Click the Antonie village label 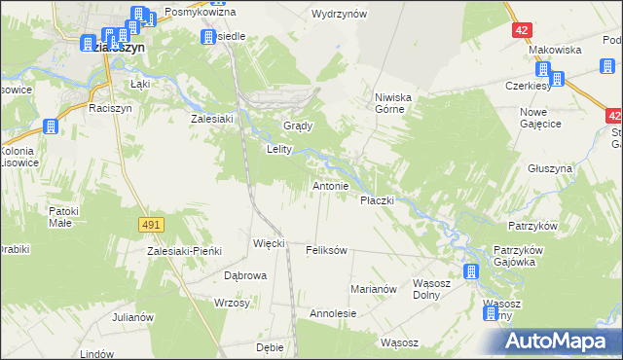point(330,186)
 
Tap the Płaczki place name point(377,200)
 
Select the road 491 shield point(150,225)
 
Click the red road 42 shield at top point(523,30)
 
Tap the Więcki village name point(269,243)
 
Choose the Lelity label point(281,150)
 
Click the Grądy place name point(297,127)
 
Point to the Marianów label point(374,289)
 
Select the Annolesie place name point(333,314)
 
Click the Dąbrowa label point(245,275)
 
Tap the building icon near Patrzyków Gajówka point(472,271)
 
